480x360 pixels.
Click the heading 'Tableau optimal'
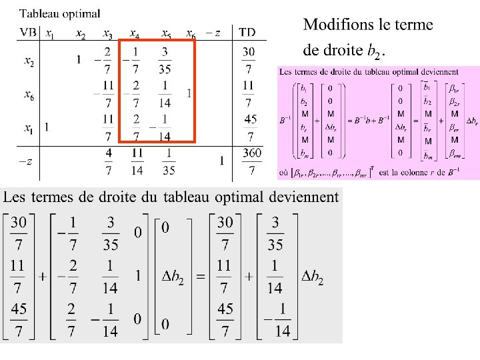[60, 13]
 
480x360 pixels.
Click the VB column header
[28, 32]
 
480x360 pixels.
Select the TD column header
[247, 32]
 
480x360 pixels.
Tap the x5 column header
[166, 33]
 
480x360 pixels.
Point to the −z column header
[212, 33]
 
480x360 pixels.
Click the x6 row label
[29, 95]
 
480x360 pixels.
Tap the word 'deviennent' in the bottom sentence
[303, 197]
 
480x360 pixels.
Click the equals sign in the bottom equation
[200, 275]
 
